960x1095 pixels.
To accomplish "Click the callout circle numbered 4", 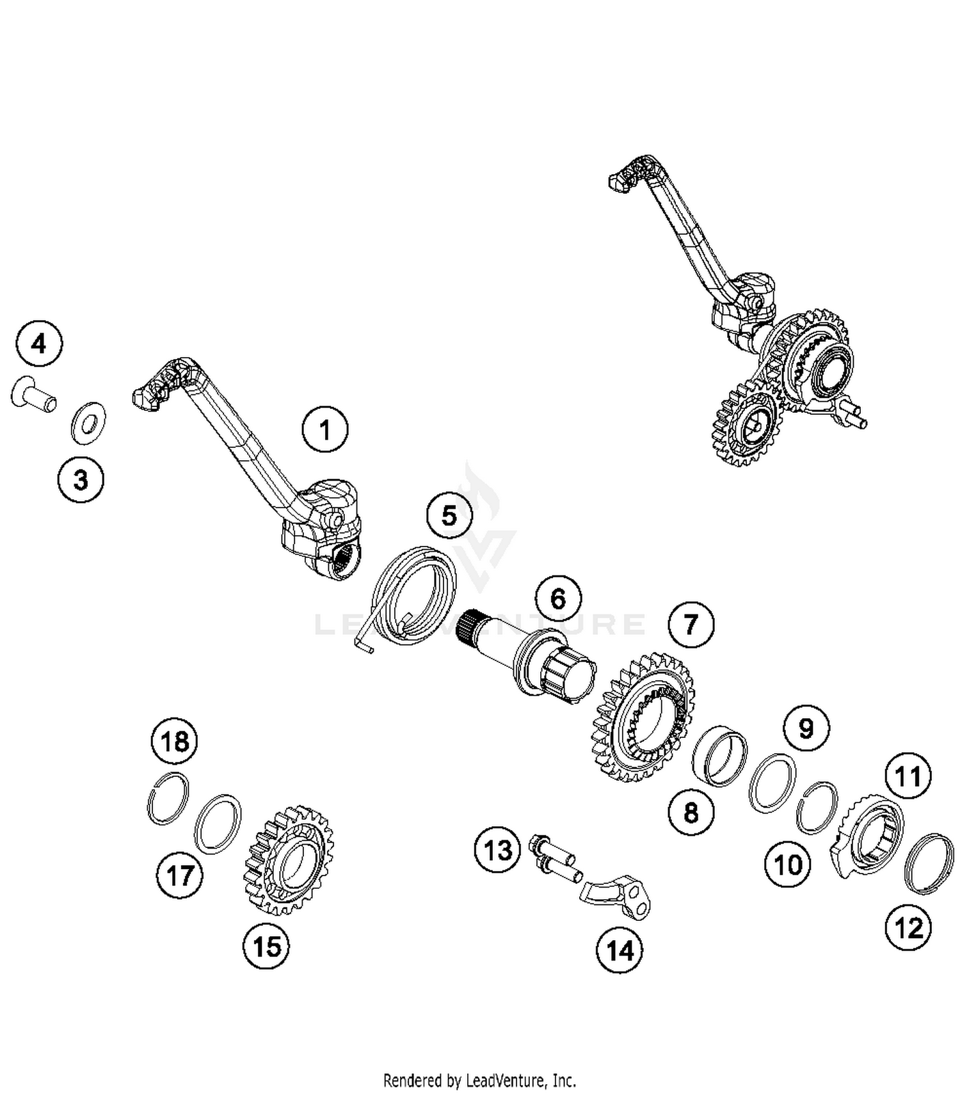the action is click(39, 344).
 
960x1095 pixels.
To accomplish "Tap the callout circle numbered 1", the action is click(325, 429).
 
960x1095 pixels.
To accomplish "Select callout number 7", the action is click(691, 624).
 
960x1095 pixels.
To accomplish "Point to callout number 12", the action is click(909, 927).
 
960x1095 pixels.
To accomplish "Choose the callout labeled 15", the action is click(266, 946).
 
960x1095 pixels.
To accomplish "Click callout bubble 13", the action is click(498, 851).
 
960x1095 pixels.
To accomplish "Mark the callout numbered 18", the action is click(175, 741).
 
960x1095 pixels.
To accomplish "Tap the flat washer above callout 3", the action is click(88, 422).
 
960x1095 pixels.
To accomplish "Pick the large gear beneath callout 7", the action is click(643, 717).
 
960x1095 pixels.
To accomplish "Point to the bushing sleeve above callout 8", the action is click(720, 755).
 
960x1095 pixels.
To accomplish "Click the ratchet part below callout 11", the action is click(867, 835).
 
